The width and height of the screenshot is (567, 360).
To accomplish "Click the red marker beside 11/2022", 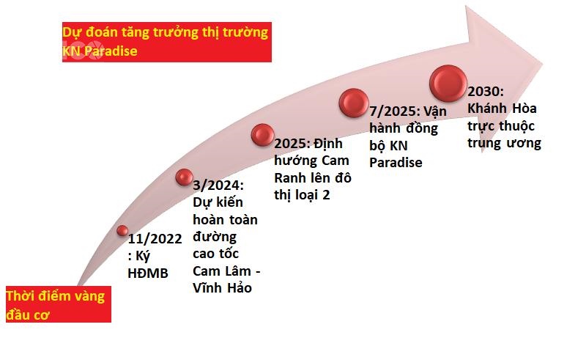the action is coord(122,230).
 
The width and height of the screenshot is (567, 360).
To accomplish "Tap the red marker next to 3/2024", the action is coord(184,177).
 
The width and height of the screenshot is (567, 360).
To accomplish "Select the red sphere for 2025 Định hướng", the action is coord(262,135).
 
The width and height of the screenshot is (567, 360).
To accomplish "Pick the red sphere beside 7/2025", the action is coord(354,103).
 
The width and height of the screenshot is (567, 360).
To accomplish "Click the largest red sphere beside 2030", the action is coord(448,83).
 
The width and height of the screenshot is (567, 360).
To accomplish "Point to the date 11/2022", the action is coord(155,239).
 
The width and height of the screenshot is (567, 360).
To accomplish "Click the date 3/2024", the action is coord(218,185).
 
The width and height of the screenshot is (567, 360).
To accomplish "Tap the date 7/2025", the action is coord(395,111).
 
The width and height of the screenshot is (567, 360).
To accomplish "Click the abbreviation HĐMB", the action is coord(148,273).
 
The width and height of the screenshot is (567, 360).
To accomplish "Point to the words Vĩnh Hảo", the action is coord(222,288).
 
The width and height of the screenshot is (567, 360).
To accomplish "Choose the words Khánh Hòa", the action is coord(502,109).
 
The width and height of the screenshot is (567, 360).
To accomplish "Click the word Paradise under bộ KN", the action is coord(396,163).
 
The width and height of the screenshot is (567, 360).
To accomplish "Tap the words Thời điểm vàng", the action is coord(56,296).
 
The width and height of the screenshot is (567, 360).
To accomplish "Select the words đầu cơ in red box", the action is coord(28,315).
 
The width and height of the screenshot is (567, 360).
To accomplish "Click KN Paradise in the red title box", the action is coord(100,51).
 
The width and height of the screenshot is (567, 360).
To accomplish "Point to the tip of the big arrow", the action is coord(542,65).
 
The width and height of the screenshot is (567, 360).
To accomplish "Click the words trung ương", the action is coord(504,143).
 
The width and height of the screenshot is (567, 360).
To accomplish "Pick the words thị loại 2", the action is coord(302,195).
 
